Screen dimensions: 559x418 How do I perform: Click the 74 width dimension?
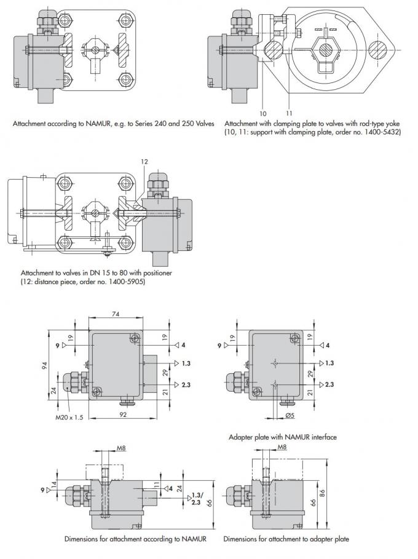tap(116, 313)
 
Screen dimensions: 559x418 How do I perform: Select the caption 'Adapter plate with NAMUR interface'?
tap(282, 437)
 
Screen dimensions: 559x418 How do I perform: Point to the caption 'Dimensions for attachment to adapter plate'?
tap(286, 539)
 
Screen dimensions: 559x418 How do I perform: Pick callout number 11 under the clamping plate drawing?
tap(288, 113)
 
